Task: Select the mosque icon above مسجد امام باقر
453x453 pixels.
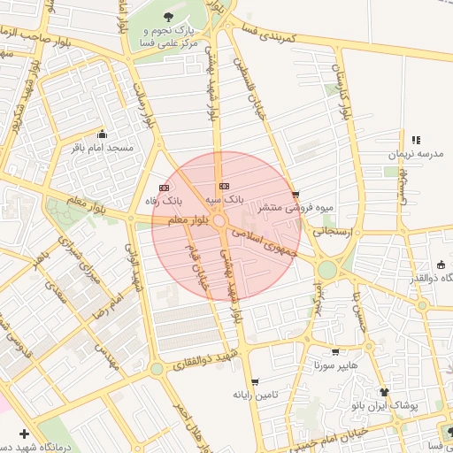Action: [103, 134]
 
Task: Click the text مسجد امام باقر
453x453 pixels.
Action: [103, 148]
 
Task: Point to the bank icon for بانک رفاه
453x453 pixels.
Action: [164, 188]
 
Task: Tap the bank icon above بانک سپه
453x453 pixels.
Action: [224, 187]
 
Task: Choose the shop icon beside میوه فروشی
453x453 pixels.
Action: [295, 195]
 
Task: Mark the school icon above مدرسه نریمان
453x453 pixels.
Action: [416, 140]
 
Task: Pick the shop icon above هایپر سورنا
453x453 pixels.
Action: [334, 351]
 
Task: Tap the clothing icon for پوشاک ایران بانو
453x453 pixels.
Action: [384, 391]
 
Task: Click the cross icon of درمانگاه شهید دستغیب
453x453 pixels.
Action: [23, 434]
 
